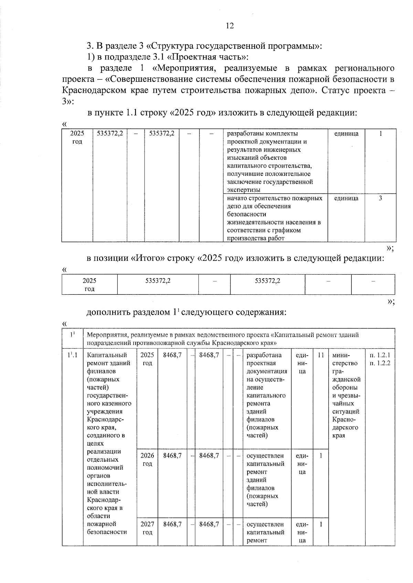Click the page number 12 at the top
[230, 26]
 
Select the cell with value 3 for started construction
[380, 198]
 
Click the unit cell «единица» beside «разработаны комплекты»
[346, 134]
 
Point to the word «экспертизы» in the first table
[244, 190]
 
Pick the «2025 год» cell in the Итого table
[89, 284]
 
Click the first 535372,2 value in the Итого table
[158, 281]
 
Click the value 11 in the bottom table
[321, 355]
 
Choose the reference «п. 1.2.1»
[380, 355]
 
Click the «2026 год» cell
[147, 460]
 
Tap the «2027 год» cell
[147, 528]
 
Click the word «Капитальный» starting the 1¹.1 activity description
[107, 355]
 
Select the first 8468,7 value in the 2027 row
[172, 524]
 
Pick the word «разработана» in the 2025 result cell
[264, 355]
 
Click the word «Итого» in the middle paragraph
[149, 258]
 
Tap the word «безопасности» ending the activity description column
[107, 532]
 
